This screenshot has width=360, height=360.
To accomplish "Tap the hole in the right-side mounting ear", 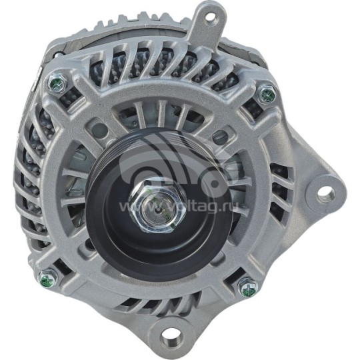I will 324,193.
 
